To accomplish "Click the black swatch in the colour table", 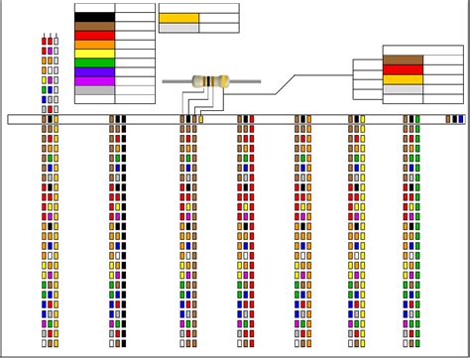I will coord(94,17).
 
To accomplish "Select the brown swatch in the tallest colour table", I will coord(94,27).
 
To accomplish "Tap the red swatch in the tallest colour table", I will coord(94,36).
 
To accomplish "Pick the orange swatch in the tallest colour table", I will coord(94,45).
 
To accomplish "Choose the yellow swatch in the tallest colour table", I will coord(94,54).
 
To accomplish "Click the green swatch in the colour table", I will coord(94,63).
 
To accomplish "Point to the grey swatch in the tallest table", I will coord(94,89).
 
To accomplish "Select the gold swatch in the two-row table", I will coord(178,18).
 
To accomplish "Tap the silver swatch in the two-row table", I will coord(178,28).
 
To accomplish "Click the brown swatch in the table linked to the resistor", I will coord(404,60).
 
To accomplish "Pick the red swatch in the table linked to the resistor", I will coord(404,70).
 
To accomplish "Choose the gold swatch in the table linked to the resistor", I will coord(404,79).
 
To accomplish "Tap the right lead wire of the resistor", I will coord(245,82).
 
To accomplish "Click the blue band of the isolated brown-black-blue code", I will coord(461,119).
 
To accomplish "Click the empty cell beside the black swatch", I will coord(135,17).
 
